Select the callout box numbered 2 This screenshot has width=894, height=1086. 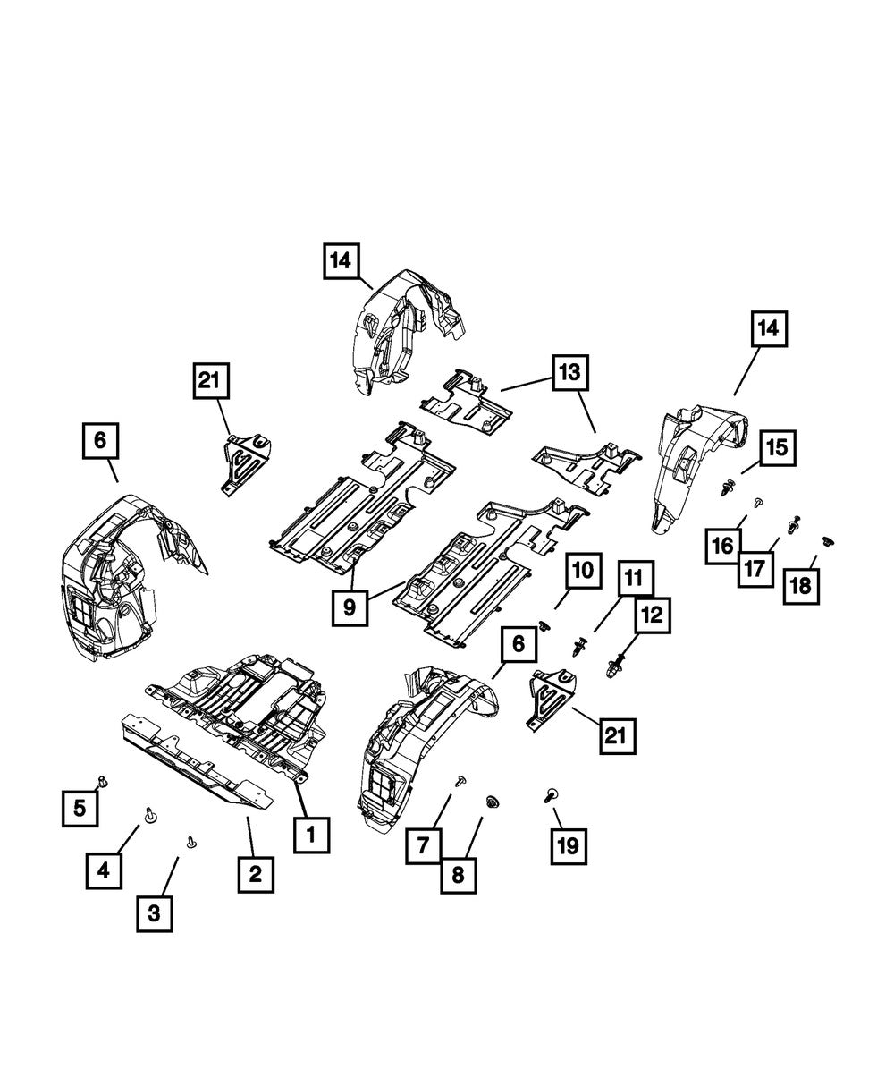point(255,875)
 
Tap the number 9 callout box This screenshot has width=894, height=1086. point(348,607)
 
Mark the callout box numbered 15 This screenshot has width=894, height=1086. point(777,447)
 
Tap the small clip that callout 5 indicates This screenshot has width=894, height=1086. point(103,782)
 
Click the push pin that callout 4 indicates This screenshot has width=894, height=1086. point(151,813)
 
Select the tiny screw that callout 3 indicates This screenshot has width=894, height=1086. point(190,841)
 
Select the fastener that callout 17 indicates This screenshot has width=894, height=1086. point(792,523)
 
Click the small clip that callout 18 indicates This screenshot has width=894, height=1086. point(827,540)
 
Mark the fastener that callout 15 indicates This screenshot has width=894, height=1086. point(728,488)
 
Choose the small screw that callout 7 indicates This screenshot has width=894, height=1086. point(460,780)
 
